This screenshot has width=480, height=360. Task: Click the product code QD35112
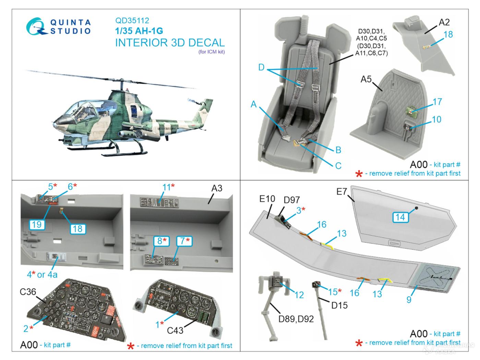tap(132, 21)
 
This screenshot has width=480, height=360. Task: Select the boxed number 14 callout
tap(400, 217)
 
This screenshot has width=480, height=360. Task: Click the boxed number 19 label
tap(37, 225)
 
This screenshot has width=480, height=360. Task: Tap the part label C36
tap(28, 292)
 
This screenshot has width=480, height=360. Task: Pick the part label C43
tap(175, 330)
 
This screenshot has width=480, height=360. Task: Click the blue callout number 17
tap(437, 102)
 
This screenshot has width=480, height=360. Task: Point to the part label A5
tap(366, 79)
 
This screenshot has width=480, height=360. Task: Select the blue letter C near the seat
tap(338, 166)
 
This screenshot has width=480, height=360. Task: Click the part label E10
tap(267, 199)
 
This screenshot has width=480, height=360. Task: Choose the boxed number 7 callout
tap(183, 241)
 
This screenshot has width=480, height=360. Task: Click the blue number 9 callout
tap(409, 299)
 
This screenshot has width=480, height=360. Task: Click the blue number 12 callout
tap(299, 295)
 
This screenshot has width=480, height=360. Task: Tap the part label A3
tap(217, 188)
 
